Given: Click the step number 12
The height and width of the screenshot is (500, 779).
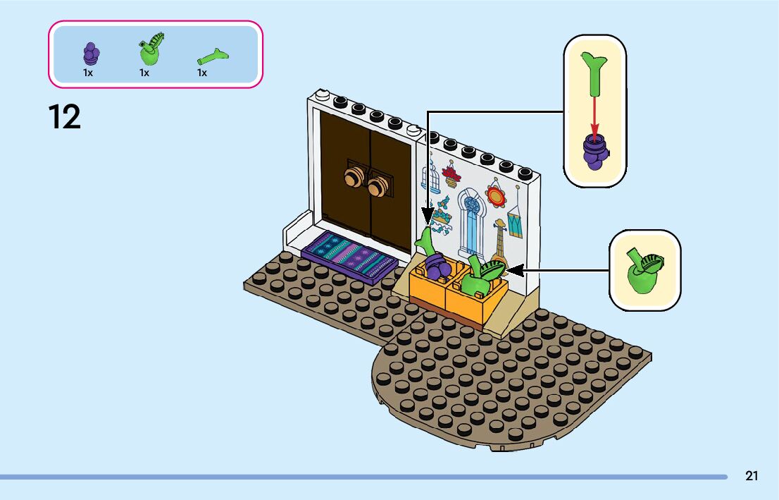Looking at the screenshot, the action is [65, 117].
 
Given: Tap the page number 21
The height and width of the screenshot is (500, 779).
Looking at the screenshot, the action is [752, 475].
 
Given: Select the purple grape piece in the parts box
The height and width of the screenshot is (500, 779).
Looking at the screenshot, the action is [91, 54].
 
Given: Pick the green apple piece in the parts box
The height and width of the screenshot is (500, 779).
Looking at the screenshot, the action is [151, 49].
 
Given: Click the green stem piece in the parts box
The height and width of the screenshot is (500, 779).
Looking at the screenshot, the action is [213, 57].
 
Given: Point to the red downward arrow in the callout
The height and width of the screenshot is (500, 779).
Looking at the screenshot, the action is [594, 116].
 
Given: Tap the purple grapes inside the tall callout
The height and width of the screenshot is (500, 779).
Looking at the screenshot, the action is [595, 151].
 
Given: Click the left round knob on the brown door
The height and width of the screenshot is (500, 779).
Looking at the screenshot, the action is [354, 177].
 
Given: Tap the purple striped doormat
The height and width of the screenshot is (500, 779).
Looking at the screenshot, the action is [349, 256].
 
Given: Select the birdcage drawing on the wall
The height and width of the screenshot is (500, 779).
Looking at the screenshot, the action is [430, 175].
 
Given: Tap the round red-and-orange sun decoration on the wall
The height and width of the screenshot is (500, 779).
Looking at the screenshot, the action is [495, 194].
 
